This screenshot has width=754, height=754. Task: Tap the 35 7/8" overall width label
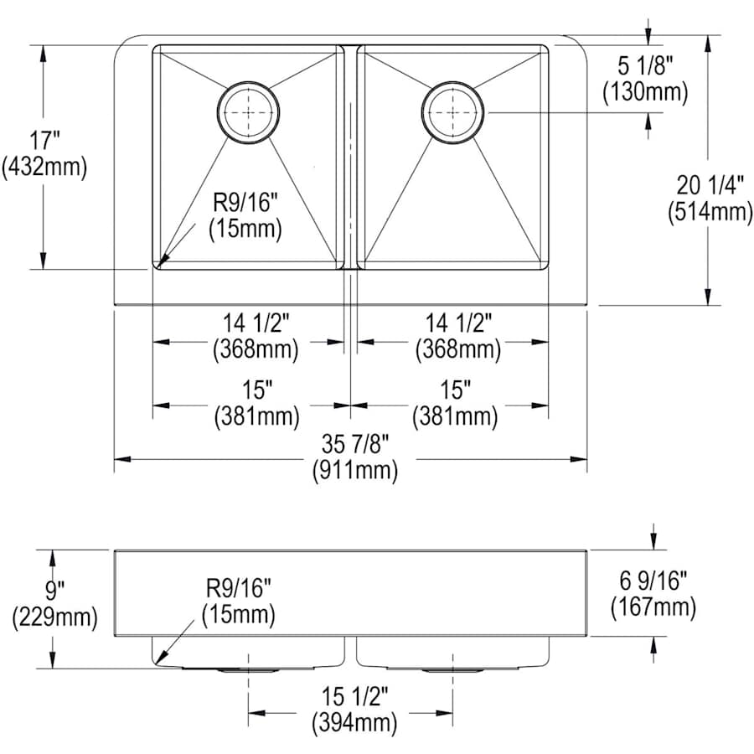355,444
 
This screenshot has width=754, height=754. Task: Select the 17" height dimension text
44,141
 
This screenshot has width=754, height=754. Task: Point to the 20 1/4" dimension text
710,184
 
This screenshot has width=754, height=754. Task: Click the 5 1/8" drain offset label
645,65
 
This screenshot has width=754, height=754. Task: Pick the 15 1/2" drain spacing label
354,696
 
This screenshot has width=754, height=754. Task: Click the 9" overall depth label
54,590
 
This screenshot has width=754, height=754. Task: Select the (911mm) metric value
355,470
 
